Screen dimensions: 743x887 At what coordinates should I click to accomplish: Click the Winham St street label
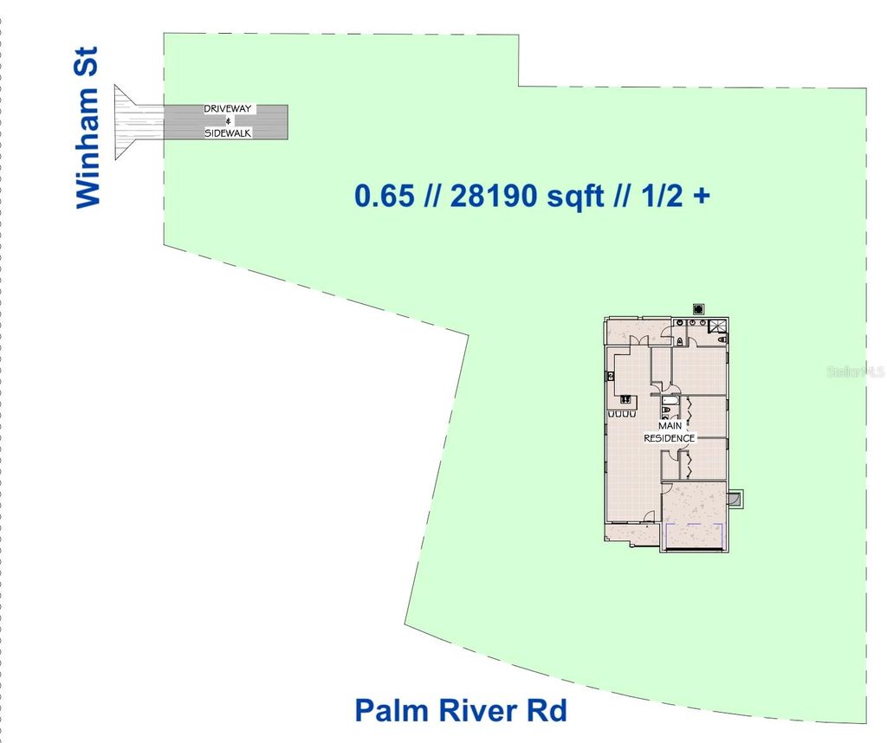pos(88,128)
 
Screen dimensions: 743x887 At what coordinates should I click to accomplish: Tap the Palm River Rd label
pos(460,711)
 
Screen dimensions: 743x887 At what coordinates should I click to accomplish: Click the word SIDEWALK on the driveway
pos(228,133)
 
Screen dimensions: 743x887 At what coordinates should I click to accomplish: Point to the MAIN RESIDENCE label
pos(669,432)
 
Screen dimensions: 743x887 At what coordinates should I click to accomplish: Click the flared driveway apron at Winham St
pos(134,121)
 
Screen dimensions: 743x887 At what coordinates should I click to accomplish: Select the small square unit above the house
pos(698,308)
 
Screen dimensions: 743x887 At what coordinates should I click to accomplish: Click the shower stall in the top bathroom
pos(717,327)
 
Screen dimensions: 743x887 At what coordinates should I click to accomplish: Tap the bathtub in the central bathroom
pos(669,410)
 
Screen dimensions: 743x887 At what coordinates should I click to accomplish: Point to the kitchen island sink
pos(625,401)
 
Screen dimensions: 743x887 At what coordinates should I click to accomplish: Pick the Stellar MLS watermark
pos(856,371)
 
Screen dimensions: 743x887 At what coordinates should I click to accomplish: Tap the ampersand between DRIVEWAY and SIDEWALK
pos(228,121)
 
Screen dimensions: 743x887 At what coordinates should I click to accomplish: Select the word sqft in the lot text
pos(575,196)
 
